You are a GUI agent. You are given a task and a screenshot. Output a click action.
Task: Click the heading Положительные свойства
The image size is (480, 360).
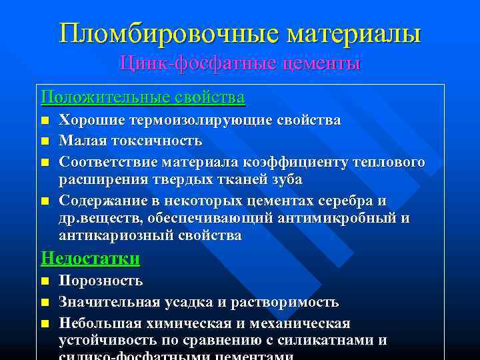(143, 97)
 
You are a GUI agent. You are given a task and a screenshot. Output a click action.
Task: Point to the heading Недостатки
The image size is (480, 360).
(90, 258)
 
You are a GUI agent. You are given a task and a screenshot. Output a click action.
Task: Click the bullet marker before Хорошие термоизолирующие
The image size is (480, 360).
(45, 121)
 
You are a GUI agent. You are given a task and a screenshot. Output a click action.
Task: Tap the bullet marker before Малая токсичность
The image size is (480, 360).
(45, 141)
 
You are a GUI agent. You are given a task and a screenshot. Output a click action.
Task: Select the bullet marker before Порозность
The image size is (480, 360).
(45, 282)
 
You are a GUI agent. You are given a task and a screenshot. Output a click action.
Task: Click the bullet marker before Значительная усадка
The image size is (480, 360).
(45, 303)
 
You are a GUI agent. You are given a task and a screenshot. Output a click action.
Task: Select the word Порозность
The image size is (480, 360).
(101, 281)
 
